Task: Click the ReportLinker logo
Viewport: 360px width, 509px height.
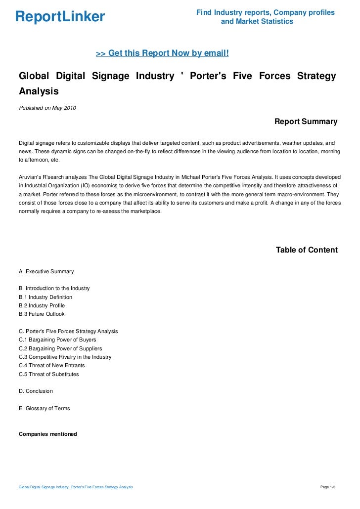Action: pos(60,17)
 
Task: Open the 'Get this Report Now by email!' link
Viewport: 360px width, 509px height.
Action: pos(162,53)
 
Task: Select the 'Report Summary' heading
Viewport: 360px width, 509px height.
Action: pos(306,122)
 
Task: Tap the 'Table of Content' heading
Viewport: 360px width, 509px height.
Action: pos(307,250)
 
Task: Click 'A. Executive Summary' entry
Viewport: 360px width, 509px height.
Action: pos(46,271)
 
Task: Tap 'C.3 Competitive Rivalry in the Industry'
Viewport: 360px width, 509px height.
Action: pos(65,357)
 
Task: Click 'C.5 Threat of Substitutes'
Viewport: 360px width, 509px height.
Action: pos(48,374)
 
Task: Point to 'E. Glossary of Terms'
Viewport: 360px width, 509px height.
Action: pos(44,408)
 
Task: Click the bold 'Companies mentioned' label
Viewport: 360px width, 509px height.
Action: pos(47,434)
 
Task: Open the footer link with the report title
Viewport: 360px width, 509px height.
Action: pos(76,487)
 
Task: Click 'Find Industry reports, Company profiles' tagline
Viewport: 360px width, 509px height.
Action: pos(265,12)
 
